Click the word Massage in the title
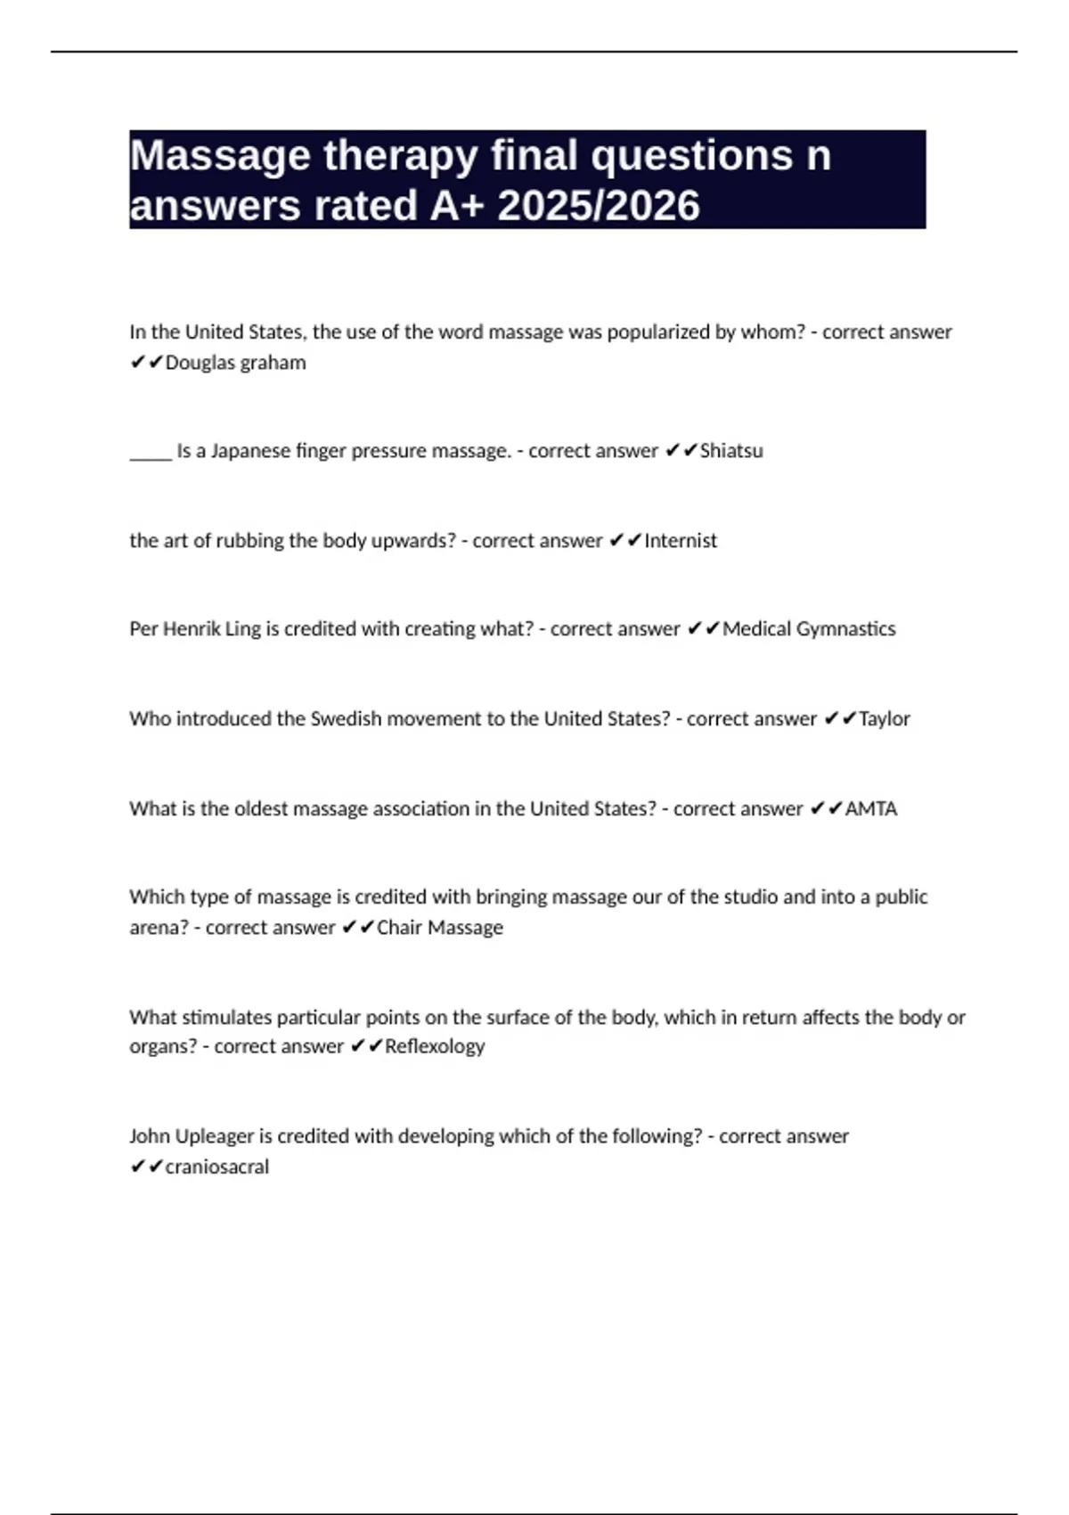(220, 156)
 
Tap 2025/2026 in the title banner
(599, 206)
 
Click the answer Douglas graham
(235, 363)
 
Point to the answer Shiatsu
(731, 451)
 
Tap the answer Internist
(681, 541)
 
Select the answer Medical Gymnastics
(809, 629)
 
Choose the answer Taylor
(884, 719)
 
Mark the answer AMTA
(870, 809)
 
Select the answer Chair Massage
(440, 928)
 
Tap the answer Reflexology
(435, 1046)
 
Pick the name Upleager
(214, 1136)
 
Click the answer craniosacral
(217, 1167)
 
